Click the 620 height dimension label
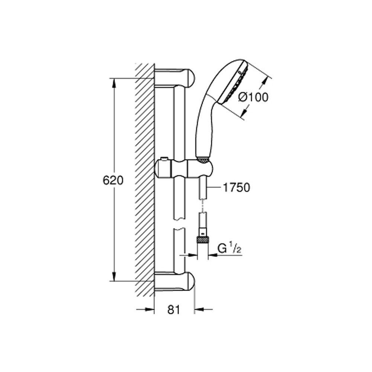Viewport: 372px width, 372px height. coord(113,180)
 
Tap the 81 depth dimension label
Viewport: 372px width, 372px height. coord(174,310)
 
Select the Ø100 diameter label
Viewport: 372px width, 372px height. coord(253,97)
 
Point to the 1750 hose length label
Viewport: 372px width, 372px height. coord(237,187)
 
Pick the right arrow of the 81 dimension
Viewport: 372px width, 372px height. coord(203,310)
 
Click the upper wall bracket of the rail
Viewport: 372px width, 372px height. coord(174,77)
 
